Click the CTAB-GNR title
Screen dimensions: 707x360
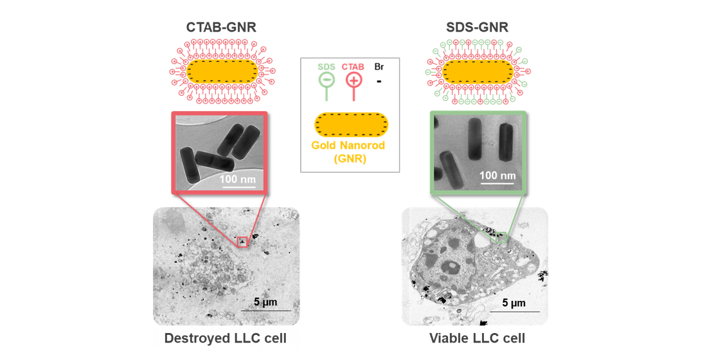click(x=221, y=27)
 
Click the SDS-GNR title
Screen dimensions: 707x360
click(x=477, y=27)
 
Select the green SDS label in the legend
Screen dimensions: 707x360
click(x=327, y=66)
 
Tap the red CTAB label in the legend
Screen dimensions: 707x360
click(x=353, y=66)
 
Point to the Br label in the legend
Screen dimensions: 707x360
click(x=379, y=66)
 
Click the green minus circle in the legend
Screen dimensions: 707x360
click(x=327, y=80)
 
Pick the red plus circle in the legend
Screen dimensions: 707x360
click(x=353, y=80)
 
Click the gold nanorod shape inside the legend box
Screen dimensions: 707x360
click(x=351, y=125)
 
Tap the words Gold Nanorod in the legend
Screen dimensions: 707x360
click(x=348, y=145)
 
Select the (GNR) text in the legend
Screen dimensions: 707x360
click(x=350, y=158)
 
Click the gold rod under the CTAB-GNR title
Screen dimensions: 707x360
click(x=222, y=71)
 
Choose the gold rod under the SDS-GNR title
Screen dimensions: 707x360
click(x=478, y=71)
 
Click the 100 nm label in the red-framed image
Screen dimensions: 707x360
click(x=238, y=179)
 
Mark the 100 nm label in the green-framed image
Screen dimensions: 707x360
click(x=497, y=175)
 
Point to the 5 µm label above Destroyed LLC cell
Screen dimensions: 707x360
click(x=265, y=302)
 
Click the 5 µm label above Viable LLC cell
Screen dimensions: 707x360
click(x=514, y=303)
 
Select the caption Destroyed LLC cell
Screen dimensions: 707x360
click(x=225, y=338)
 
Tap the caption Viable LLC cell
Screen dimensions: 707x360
click(x=477, y=338)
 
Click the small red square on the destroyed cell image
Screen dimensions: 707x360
click(x=242, y=242)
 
